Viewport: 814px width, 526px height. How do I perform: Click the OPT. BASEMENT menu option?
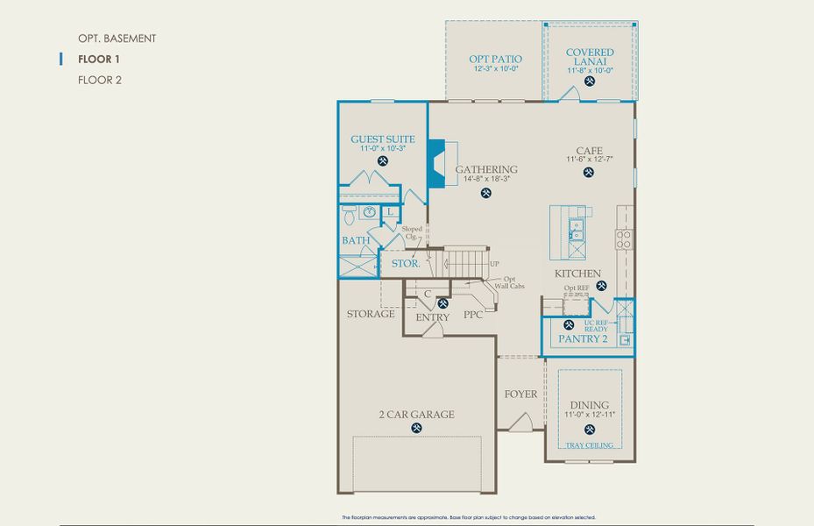point(117,39)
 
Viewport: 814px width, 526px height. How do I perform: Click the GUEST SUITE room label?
point(382,139)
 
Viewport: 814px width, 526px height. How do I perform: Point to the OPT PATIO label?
point(496,58)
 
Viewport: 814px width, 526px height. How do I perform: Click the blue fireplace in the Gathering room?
point(435,162)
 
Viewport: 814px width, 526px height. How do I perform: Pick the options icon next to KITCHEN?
point(600,286)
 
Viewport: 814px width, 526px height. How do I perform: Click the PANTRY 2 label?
point(583,338)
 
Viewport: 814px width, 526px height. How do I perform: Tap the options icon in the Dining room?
point(589,430)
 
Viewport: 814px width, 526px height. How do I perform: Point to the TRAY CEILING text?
point(589,445)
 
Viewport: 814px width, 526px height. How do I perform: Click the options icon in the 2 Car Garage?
point(416,429)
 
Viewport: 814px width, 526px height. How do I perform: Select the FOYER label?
point(520,394)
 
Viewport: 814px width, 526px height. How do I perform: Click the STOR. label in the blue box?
point(404,263)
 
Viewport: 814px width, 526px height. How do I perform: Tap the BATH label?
point(356,240)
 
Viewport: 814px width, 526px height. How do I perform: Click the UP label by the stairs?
point(495,264)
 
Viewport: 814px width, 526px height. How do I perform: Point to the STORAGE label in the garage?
point(370,314)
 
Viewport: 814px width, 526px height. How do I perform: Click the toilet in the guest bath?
point(347,213)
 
